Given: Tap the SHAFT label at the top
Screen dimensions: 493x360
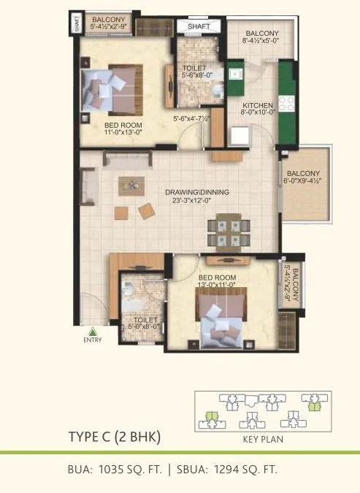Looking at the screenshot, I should point(199,26).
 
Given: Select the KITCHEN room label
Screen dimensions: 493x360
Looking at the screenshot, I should point(257,104).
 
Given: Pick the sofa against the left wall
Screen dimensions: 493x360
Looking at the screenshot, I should point(88,183).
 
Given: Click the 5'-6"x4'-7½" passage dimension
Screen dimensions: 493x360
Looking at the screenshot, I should point(191,118).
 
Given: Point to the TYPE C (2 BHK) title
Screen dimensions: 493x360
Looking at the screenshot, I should point(114,437).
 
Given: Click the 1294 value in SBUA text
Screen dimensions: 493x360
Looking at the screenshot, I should point(224,470).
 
